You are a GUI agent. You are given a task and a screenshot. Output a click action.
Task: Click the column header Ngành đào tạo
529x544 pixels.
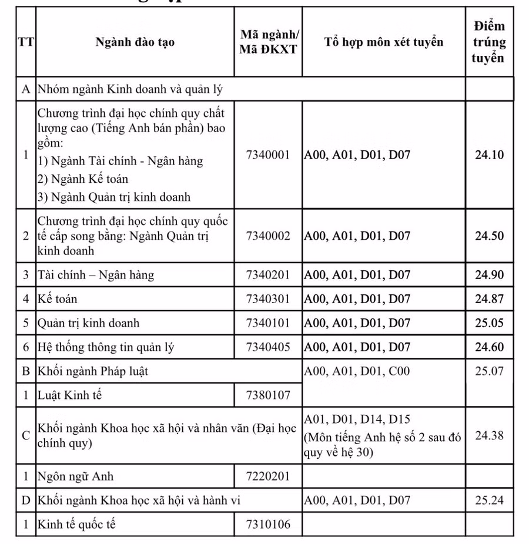point(135,42)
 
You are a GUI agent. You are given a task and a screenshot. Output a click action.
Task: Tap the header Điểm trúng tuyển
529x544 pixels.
point(489,42)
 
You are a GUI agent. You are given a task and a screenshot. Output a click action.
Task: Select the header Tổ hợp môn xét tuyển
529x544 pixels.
point(383,42)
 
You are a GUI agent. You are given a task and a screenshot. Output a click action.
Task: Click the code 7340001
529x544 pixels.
point(268,155)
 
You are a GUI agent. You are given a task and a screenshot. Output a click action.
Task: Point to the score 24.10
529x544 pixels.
point(489,155)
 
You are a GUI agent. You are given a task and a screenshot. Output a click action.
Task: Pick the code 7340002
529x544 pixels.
point(268,236)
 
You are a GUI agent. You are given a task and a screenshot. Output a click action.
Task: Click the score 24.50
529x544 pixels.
point(489,236)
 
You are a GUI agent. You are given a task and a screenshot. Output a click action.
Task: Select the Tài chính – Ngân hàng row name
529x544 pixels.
point(95,275)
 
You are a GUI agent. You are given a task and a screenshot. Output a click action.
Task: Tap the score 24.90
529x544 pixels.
point(489,275)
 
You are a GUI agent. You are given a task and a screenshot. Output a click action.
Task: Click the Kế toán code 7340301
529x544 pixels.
point(268,299)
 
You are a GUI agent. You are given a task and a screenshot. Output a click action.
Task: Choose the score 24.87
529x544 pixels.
point(489,299)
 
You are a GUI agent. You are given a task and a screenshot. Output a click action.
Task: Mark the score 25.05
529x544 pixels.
point(489,323)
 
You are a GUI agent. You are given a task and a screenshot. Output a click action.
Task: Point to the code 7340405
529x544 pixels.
point(268,347)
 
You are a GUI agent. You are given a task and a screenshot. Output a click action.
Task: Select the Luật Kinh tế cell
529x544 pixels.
point(69,395)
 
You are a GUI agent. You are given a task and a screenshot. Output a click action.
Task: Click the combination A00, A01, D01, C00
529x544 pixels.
point(357,371)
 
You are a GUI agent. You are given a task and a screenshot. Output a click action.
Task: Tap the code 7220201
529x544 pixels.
point(268,476)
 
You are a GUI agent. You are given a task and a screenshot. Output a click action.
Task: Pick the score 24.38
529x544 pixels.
point(489,436)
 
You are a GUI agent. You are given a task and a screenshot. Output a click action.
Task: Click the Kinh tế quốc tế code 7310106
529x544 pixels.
point(268,524)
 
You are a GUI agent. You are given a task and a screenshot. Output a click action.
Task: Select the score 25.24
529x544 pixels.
point(489,501)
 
